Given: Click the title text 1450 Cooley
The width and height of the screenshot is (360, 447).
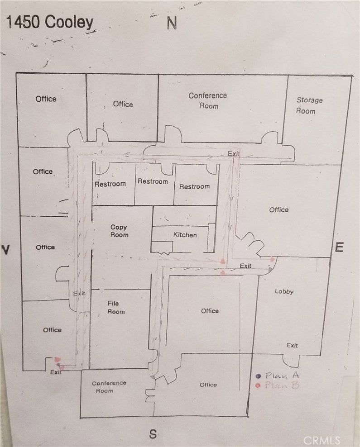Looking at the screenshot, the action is pyautogui.click(x=50, y=22).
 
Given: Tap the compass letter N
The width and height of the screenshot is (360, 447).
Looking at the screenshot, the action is pyautogui.click(x=172, y=23).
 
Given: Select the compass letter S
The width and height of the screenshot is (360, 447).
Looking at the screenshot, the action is pyautogui.click(x=153, y=434).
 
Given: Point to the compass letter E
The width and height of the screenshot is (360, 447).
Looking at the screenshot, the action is pyautogui.click(x=339, y=247).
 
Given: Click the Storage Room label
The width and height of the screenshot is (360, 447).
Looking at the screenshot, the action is pyautogui.click(x=309, y=105).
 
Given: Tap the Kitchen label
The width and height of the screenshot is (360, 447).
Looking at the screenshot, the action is pyautogui.click(x=185, y=235).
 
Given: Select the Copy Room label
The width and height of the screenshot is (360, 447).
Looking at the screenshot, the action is pyautogui.click(x=119, y=231).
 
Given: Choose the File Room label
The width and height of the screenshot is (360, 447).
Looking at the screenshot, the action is pyautogui.click(x=116, y=307).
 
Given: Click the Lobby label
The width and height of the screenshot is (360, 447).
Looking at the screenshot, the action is pyautogui.click(x=284, y=291).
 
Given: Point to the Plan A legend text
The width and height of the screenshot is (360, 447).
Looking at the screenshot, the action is pyautogui.click(x=282, y=376).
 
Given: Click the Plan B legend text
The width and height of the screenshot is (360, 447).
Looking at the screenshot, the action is pyautogui.click(x=282, y=385).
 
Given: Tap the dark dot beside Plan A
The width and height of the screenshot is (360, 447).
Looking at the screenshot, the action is pyautogui.click(x=259, y=376).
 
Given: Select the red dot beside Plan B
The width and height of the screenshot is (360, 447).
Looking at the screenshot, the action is pyautogui.click(x=258, y=386).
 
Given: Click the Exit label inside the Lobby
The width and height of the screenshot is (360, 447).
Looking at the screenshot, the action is pyautogui.click(x=292, y=346).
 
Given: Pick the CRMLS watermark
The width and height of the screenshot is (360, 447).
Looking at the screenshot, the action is pyautogui.click(x=322, y=441).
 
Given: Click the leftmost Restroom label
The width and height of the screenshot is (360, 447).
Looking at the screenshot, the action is pyautogui.click(x=110, y=184).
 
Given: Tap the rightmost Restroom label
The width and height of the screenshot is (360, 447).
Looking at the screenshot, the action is pyautogui.click(x=195, y=186).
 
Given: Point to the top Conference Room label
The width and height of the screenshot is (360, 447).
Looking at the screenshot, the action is pyautogui.click(x=208, y=100).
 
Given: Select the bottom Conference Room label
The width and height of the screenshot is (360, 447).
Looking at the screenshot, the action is pyautogui.click(x=109, y=386).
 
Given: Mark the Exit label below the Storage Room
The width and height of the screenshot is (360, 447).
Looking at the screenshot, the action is pyautogui.click(x=234, y=153).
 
